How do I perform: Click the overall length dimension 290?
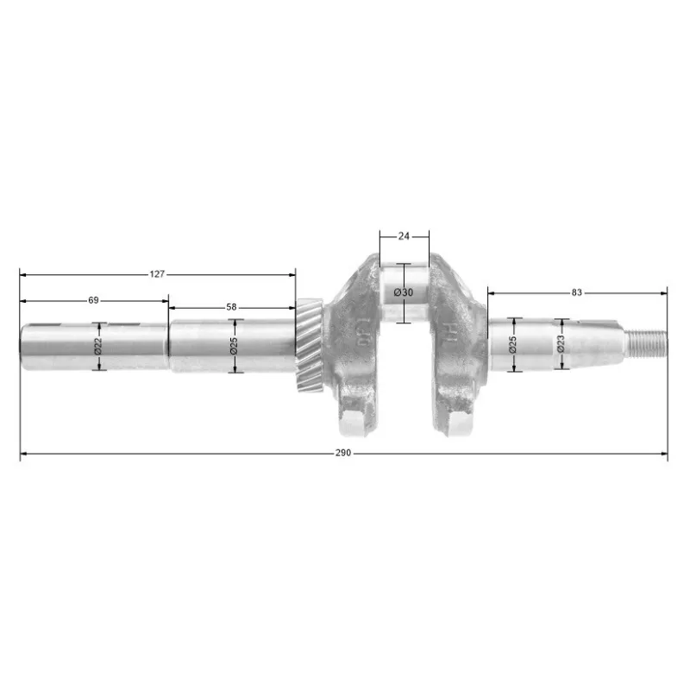point(343,453)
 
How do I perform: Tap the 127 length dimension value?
point(157,274)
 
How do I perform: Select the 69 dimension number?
point(93,300)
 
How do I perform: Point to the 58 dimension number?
point(231,307)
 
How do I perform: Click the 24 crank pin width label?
point(404,236)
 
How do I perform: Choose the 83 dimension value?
point(576,292)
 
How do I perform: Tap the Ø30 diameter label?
point(404,292)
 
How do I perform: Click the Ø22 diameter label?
point(98,346)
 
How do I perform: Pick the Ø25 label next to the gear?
point(234,346)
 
